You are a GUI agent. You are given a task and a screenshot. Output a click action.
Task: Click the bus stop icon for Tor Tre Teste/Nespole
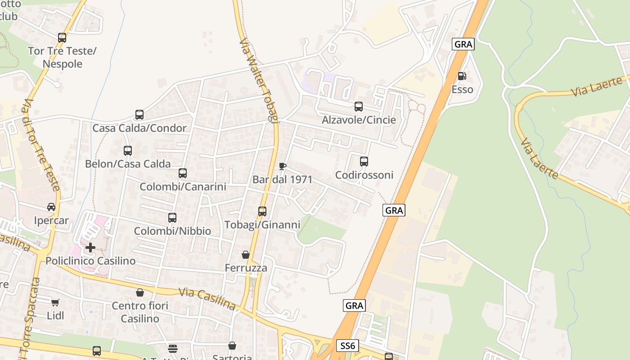(62, 38)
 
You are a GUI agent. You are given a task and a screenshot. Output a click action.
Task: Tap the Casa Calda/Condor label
(139, 128)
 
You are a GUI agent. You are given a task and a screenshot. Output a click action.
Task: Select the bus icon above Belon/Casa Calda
(128, 151)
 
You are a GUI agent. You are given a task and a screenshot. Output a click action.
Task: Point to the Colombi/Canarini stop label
(183, 186)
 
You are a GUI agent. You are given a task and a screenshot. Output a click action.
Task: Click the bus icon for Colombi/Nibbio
(172, 218)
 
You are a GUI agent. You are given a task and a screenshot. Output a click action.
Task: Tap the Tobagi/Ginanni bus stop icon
(262, 211)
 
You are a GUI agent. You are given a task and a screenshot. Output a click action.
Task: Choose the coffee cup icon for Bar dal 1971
(283, 166)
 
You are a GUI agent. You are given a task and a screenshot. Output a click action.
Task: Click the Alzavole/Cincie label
(359, 120)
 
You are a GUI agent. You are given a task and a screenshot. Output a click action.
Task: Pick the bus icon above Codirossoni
(364, 161)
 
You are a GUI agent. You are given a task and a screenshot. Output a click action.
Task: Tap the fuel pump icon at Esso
(462, 76)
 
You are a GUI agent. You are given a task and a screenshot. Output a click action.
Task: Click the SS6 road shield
(347, 345)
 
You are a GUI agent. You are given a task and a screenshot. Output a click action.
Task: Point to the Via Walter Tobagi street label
(260, 81)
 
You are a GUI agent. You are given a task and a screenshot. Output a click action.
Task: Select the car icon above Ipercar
(51, 207)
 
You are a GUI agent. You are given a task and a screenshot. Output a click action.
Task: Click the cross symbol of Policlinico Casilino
(90, 247)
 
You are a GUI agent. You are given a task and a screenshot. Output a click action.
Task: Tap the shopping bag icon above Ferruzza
(246, 255)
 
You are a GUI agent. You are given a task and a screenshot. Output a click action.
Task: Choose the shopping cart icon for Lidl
(55, 302)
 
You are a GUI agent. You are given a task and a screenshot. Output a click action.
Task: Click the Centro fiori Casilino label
(140, 312)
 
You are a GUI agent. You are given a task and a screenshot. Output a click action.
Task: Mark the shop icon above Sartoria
(232, 346)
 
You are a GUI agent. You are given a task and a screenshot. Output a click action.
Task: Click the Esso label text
(463, 90)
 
